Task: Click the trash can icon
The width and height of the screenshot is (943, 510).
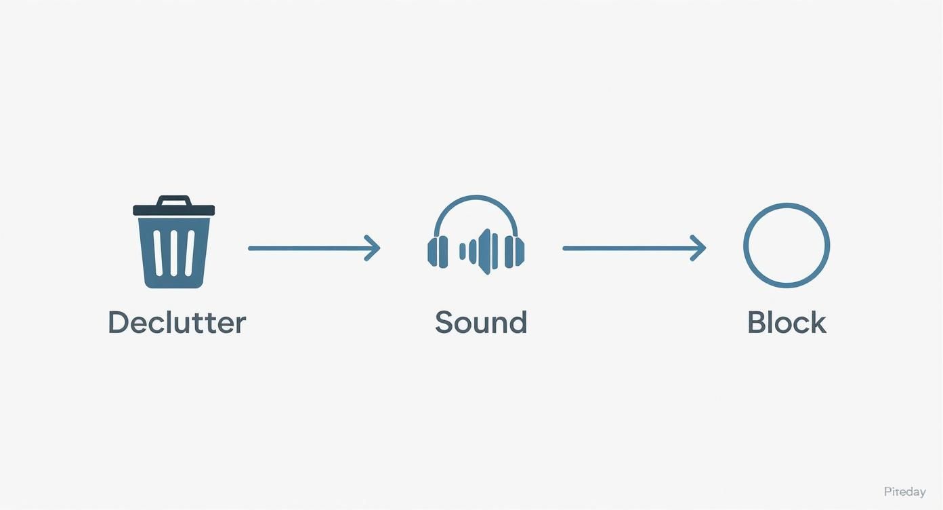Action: click(174, 242)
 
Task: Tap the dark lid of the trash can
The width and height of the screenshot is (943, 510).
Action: click(174, 210)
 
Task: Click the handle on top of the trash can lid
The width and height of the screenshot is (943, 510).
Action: click(174, 200)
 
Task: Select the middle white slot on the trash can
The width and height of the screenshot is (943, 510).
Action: click(174, 253)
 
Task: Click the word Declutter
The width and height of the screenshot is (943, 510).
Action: click(177, 322)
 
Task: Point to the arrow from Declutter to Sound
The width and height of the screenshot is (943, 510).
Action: click(314, 248)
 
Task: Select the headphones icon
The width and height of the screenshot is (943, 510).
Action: click(476, 235)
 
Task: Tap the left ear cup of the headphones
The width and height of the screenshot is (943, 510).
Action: click(438, 252)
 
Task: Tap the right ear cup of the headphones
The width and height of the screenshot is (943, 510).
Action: click(514, 252)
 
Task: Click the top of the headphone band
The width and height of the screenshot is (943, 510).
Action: click(476, 197)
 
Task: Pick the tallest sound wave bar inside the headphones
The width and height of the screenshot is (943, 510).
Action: click(486, 252)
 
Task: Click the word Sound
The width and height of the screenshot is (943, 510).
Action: click(481, 322)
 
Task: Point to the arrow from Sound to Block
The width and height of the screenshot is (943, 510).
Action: click(634, 248)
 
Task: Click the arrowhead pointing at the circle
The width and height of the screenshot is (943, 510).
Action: click(699, 248)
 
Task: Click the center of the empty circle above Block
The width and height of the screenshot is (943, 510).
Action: click(787, 246)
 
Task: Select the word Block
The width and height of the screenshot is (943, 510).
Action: click(787, 322)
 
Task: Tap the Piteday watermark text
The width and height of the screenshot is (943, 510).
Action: click(904, 492)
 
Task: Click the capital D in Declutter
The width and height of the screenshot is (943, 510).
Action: click(119, 322)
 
